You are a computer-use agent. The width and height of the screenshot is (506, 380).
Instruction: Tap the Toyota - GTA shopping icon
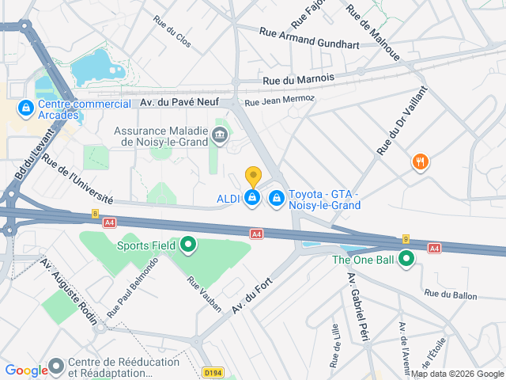pos(277,197)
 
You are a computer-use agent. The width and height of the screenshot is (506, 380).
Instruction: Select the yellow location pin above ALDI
pos(253,177)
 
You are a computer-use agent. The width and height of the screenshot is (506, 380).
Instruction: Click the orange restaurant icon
pos(420,163)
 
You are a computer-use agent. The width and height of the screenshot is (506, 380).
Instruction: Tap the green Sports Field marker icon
pos(188,246)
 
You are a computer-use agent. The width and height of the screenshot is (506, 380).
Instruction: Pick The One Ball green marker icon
pos(406,259)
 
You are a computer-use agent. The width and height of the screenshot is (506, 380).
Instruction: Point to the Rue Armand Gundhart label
pos(309,37)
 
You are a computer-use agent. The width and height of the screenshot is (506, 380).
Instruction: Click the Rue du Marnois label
pos(298,78)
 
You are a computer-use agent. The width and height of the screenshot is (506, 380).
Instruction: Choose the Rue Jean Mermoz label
pos(280,101)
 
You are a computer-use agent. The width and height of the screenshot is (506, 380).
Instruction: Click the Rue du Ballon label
pos(451,294)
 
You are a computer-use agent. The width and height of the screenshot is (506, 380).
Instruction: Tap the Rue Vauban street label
pos(205,294)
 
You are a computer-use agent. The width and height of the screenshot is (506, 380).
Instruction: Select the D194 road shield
pos(213,371)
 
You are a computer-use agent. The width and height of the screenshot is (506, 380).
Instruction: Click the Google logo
pos(26,370)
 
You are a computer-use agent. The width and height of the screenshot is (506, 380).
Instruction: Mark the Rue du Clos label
pos(172,32)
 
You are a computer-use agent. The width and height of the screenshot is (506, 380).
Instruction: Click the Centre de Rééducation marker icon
pos(57,367)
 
